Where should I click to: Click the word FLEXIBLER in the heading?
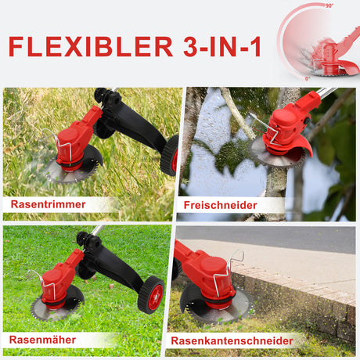91,47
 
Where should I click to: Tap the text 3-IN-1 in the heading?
222,47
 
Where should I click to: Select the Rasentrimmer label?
49,204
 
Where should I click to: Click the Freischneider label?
221,205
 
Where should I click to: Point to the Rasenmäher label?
42,340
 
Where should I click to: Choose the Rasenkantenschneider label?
232,340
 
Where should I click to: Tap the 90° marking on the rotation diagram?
329,5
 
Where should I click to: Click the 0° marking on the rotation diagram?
308,78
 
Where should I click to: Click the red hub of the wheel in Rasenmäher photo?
156,297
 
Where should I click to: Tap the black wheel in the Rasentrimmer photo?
170,156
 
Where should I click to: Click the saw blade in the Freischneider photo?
276,154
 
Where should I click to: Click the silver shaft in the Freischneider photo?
327,92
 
